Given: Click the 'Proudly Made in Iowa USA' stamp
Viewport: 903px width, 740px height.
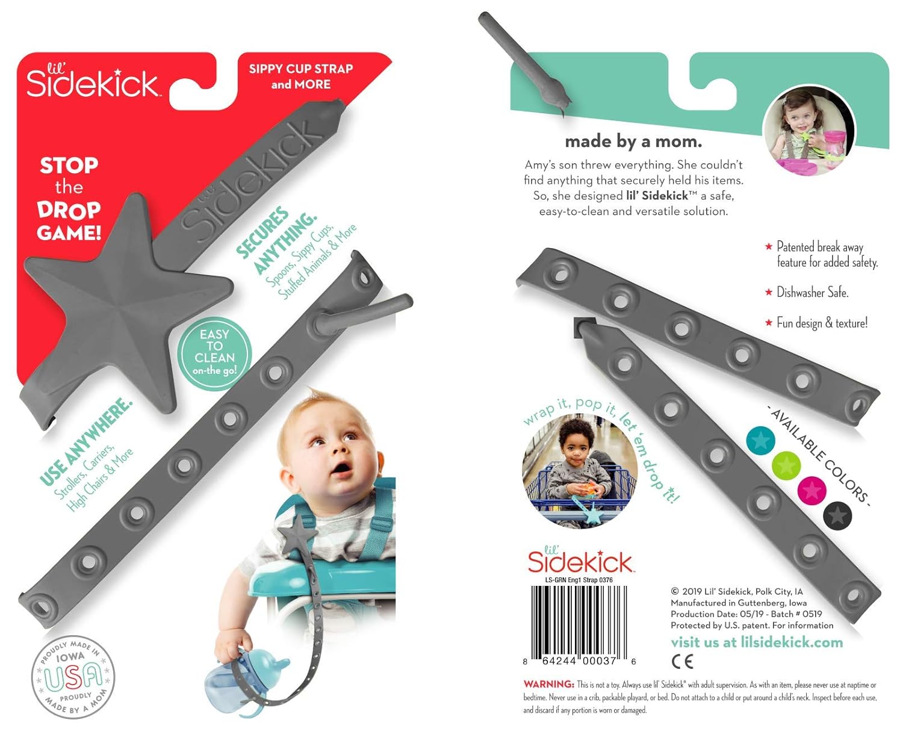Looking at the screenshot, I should tap(73, 677).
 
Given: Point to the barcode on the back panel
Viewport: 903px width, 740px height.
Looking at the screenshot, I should tap(579, 623).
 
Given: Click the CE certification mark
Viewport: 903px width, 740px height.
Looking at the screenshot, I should tap(682, 662).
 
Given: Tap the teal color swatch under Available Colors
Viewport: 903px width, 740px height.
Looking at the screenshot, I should tap(760, 441).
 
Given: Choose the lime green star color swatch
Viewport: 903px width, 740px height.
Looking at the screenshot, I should tap(786, 465).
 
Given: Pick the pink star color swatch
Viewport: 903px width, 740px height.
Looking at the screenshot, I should tap(811, 490).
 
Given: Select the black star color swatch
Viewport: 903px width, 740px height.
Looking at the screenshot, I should tap(837, 515).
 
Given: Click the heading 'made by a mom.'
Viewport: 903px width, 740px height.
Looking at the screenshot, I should tap(633, 141).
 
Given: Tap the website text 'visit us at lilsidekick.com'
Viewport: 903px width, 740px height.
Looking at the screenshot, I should tap(757, 642).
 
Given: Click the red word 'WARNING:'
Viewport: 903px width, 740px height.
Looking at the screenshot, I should tap(548, 685).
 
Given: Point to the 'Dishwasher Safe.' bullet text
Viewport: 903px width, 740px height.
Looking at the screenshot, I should tap(812, 293).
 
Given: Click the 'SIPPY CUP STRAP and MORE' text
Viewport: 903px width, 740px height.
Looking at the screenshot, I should tap(301, 76).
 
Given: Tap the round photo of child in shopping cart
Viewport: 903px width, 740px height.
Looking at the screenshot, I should tap(580, 470).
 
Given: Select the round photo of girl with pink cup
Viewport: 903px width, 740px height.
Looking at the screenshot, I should tap(808, 130).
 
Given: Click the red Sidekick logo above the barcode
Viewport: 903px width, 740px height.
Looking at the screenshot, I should tap(580, 561).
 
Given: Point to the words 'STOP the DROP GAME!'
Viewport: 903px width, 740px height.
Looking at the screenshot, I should tap(69, 199).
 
